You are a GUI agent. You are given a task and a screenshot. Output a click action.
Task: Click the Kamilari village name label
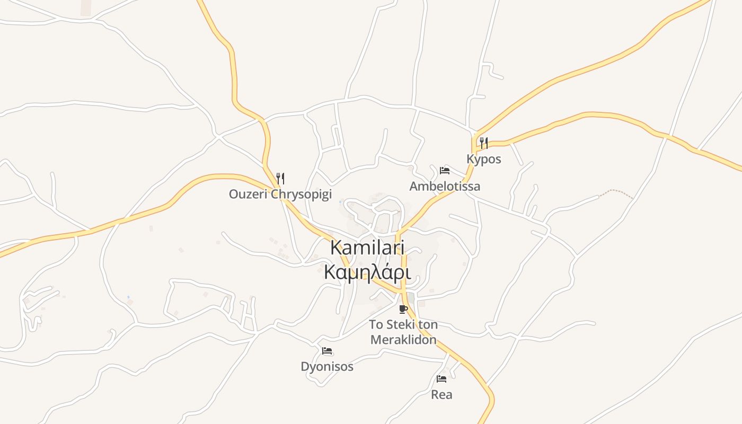(x=367, y=248)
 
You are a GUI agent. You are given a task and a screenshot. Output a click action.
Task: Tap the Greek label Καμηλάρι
(x=367, y=272)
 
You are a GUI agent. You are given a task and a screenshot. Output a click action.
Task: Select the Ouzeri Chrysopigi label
(x=280, y=194)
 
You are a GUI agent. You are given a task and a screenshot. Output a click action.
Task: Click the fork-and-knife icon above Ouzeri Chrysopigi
(x=280, y=178)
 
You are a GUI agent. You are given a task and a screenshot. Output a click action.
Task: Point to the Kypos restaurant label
(x=483, y=159)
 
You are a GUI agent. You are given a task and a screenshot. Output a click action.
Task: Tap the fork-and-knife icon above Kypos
(x=483, y=143)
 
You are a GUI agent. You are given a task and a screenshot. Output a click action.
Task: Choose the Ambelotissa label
(x=445, y=186)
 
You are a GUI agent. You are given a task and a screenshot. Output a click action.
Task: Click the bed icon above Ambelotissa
(x=445, y=170)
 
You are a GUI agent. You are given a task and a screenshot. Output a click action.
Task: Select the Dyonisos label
(x=326, y=366)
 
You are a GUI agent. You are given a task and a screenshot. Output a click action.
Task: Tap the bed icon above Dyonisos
(x=326, y=350)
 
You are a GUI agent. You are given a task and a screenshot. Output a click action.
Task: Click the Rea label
(x=441, y=394)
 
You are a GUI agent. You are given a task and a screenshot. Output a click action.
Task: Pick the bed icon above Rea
(x=441, y=378)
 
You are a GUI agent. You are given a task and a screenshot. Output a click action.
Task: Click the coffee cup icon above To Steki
(x=403, y=308)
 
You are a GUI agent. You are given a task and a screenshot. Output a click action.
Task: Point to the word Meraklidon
(x=403, y=340)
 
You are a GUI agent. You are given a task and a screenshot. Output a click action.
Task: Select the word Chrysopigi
(x=301, y=194)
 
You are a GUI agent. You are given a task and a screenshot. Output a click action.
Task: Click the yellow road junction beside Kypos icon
(x=474, y=140)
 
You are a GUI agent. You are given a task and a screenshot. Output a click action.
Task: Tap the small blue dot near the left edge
(x=128, y=297)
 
